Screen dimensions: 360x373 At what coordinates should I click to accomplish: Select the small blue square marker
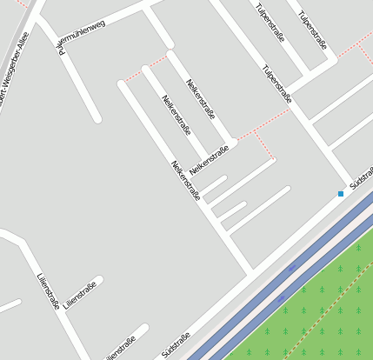click(341, 194)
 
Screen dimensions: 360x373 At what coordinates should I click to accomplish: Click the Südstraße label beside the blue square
click(360, 179)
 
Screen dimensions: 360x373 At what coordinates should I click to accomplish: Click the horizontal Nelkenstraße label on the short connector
click(209, 160)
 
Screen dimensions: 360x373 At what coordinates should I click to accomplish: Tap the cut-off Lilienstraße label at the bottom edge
click(120, 350)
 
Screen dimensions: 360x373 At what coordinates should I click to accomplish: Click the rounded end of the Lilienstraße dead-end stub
click(98, 280)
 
